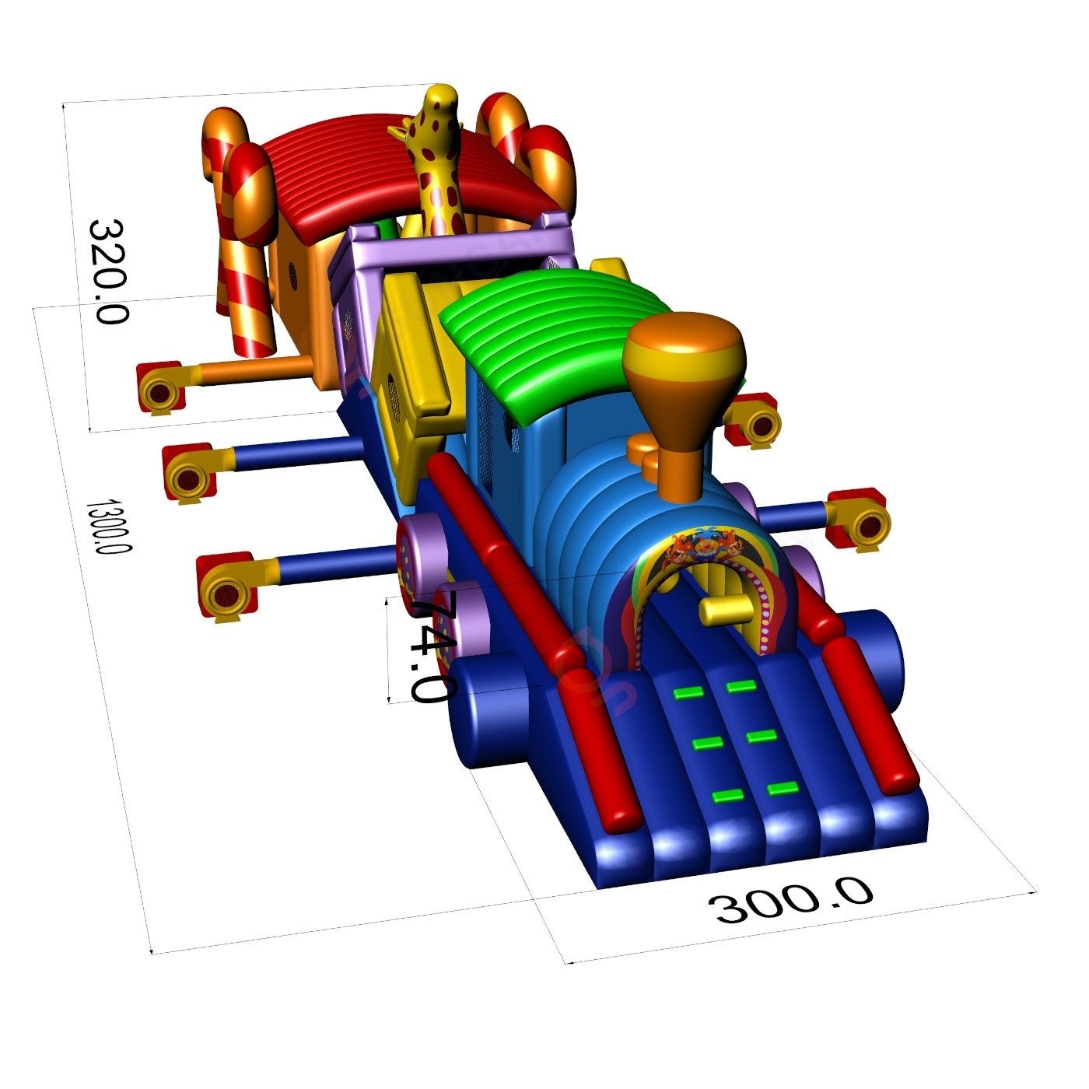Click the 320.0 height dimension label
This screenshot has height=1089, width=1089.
click(108, 271)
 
